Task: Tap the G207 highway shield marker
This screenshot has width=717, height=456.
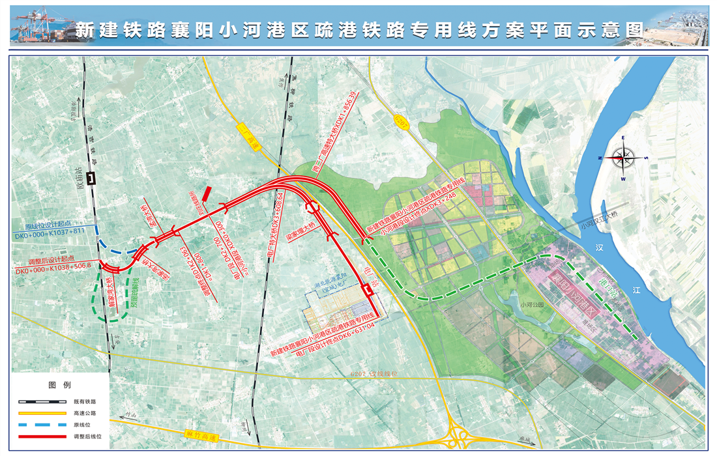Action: click(404, 122)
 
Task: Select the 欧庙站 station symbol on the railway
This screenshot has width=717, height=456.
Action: click(93, 177)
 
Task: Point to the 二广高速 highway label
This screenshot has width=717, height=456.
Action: click(248, 137)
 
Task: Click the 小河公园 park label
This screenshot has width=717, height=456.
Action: click(532, 303)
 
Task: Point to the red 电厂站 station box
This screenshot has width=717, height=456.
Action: click(369, 291)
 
